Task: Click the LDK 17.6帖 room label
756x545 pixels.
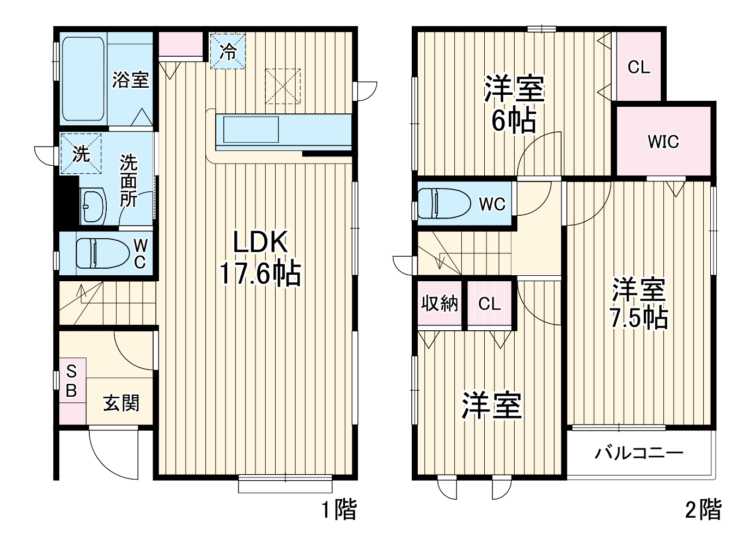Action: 260,258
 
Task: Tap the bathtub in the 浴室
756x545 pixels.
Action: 83,80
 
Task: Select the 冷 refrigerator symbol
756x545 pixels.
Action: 228,52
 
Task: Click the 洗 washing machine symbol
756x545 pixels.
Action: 81,154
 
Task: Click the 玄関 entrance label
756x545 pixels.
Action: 121,403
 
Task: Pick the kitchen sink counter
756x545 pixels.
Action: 283,131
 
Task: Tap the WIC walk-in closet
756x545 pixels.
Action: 663,142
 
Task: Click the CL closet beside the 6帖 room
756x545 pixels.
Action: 638,67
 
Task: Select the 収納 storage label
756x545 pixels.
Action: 439,304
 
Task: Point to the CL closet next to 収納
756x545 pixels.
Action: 489,304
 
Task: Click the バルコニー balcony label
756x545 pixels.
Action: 638,453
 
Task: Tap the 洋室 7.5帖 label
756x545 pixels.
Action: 638,304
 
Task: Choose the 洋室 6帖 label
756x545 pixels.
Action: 514,105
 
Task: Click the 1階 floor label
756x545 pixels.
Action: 338,510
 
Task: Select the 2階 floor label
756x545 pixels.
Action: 703,510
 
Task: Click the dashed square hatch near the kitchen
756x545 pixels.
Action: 283,86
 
